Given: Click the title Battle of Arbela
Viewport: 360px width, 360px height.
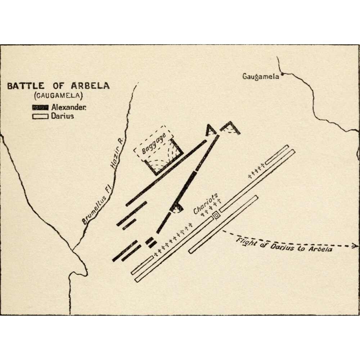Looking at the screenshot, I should click(x=58, y=86).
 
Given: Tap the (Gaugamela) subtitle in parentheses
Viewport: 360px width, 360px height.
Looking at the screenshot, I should click(x=58, y=96).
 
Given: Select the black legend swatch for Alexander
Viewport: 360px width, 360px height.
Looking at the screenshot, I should click(x=40, y=107).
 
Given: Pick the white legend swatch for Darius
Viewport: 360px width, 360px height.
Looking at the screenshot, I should click(x=40, y=116).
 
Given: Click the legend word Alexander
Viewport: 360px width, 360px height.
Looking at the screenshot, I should click(x=68, y=107).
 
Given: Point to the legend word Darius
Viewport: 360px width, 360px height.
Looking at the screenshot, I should click(x=62, y=116).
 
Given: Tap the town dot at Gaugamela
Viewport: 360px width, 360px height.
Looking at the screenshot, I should click(x=283, y=75).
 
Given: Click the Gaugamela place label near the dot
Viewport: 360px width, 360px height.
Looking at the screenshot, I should click(x=261, y=77).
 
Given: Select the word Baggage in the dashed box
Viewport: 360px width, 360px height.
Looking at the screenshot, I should click(x=153, y=143).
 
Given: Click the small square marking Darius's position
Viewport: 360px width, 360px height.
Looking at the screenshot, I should click(x=216, y=215).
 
